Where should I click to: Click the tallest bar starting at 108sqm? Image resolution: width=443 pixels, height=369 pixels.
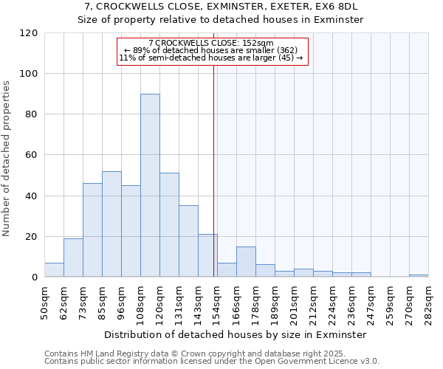150,185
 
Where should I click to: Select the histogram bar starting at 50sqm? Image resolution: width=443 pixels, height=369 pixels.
54,270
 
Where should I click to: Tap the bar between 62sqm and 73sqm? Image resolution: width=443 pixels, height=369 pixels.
73,258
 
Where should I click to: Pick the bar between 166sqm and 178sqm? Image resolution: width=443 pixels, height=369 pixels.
246,262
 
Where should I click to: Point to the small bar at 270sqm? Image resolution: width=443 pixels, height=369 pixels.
419,275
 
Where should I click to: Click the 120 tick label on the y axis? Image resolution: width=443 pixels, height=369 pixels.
30,33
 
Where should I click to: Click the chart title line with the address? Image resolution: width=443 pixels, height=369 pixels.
221,7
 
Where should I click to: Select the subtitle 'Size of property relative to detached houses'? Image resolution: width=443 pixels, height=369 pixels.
221,20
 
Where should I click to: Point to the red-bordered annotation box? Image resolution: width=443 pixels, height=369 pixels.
212,51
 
